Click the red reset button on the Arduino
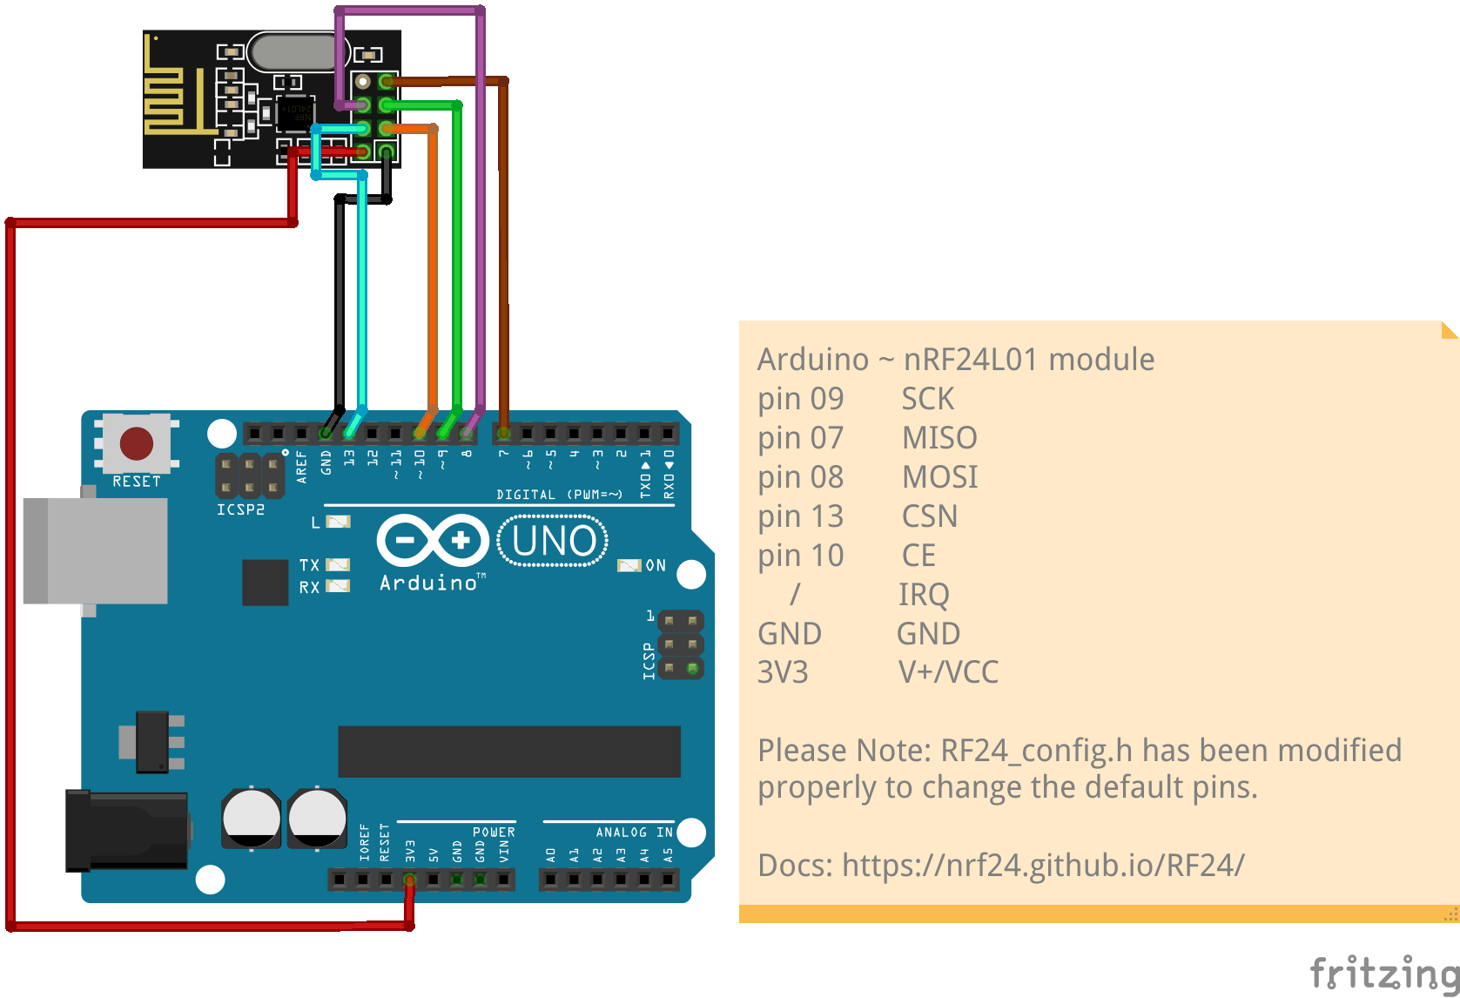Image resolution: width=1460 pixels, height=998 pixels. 137,443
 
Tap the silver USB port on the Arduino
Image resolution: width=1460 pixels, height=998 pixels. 96,551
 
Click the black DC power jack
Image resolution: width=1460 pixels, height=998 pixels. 127,831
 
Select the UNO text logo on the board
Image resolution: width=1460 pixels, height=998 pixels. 554,541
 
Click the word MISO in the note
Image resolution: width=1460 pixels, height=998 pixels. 939,438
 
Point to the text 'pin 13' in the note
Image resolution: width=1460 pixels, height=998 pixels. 800,516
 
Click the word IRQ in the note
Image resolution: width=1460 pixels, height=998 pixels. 923,595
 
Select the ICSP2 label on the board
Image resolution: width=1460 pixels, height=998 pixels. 240,509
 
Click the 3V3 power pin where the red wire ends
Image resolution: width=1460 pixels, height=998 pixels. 409,880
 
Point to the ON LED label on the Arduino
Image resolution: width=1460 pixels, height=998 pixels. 656,566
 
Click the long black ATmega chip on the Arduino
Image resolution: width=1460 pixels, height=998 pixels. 508,751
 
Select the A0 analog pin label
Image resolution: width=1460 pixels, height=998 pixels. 550,855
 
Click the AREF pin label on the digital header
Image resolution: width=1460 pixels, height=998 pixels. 301,467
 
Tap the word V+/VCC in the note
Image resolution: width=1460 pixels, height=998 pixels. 948,672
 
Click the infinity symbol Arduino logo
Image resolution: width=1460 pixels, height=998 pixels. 431,541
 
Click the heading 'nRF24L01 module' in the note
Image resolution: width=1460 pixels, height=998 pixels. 1028,360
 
